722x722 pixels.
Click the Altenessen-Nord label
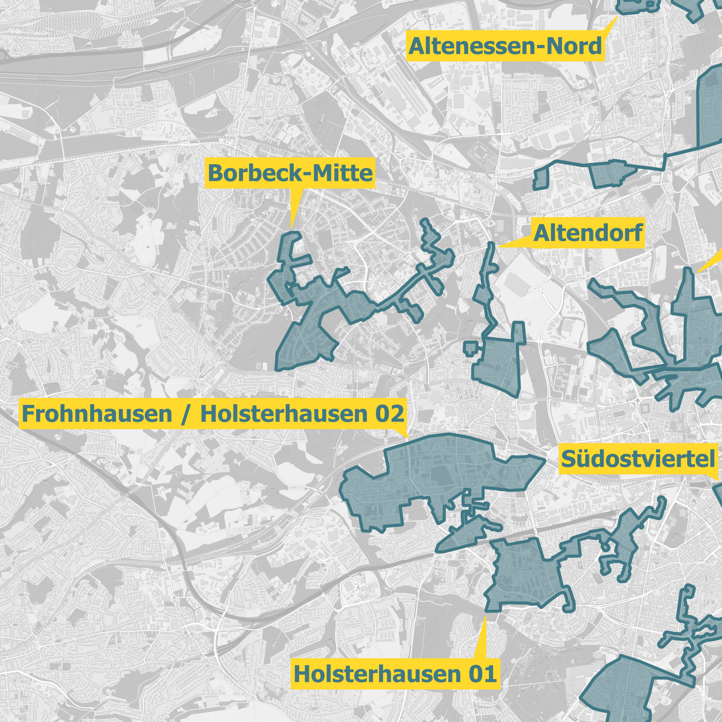pos(505,46)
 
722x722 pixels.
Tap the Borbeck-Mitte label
pos(290,173)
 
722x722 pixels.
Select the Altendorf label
pos(588,233)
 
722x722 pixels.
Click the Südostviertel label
pos(638,459)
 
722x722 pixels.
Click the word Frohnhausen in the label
pos(97,414)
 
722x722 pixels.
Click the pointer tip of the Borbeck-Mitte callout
pos(292,226)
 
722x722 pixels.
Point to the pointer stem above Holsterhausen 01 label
pos(482,639)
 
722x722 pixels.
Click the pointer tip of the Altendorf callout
pos(499,247)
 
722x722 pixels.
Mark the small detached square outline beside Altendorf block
pos(470,347)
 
